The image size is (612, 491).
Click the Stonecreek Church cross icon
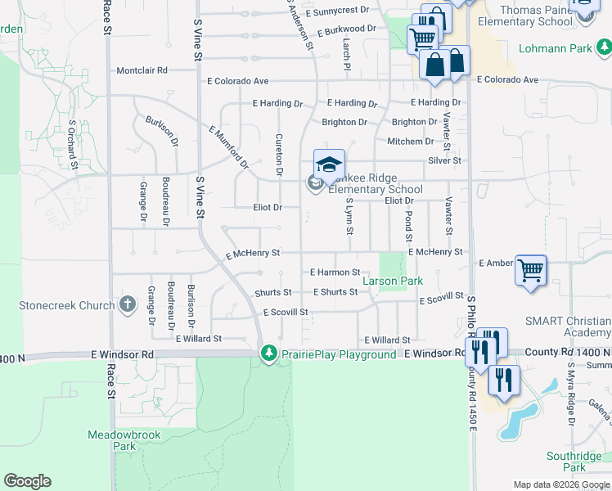(x=127, y=305)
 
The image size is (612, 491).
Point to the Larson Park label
(x=393, y=281)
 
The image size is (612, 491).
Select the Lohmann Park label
(x=560, y=48)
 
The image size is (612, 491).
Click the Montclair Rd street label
(x=142, y=70)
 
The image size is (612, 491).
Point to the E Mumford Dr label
(x=228, y=146)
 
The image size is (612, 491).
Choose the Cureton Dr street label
(x=279, y=155)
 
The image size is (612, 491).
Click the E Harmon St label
(x=335, y=272)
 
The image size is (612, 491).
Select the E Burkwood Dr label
(x=344, y=29)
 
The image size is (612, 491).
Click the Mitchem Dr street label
(x=404, y=142)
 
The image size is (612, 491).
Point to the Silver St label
(x=445, y=161)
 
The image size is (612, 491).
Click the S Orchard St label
(x=73, y=146)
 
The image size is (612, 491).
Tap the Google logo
(x=27, y=481)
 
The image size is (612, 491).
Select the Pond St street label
(x=408, y=225)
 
